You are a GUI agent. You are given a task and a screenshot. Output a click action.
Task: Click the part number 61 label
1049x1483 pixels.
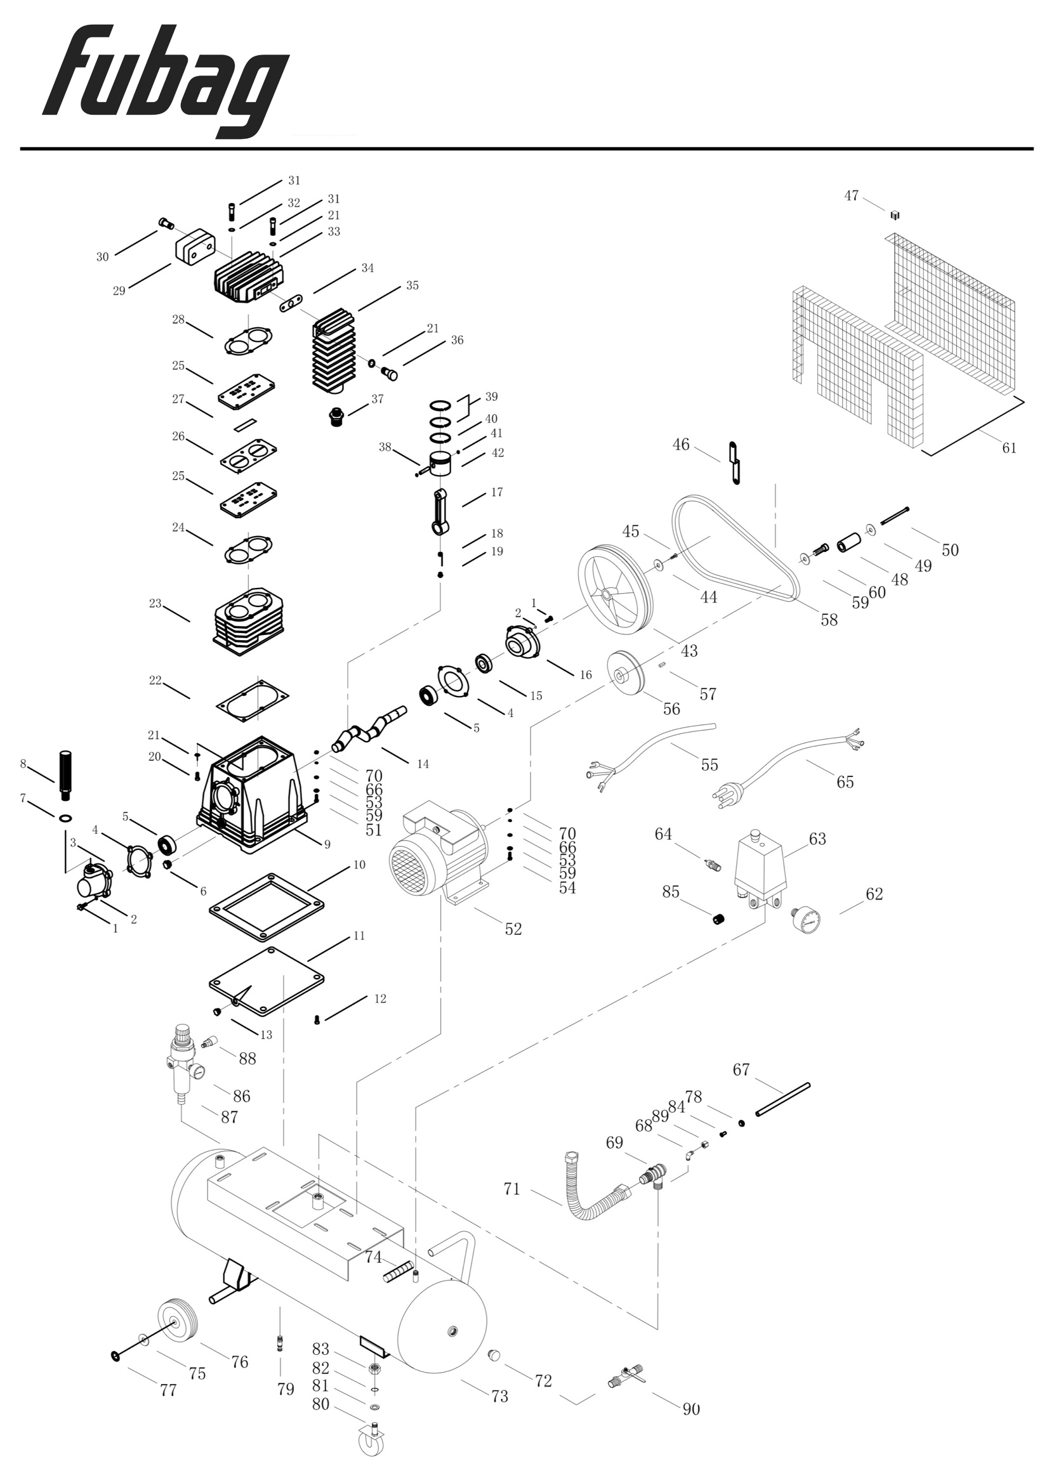[1009, 448]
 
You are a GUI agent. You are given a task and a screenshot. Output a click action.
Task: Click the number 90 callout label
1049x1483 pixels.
[691, 1409]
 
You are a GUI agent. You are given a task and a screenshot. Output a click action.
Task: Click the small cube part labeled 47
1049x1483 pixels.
[895, 214]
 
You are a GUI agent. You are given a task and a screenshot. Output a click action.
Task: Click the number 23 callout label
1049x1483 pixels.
[155, 603]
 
